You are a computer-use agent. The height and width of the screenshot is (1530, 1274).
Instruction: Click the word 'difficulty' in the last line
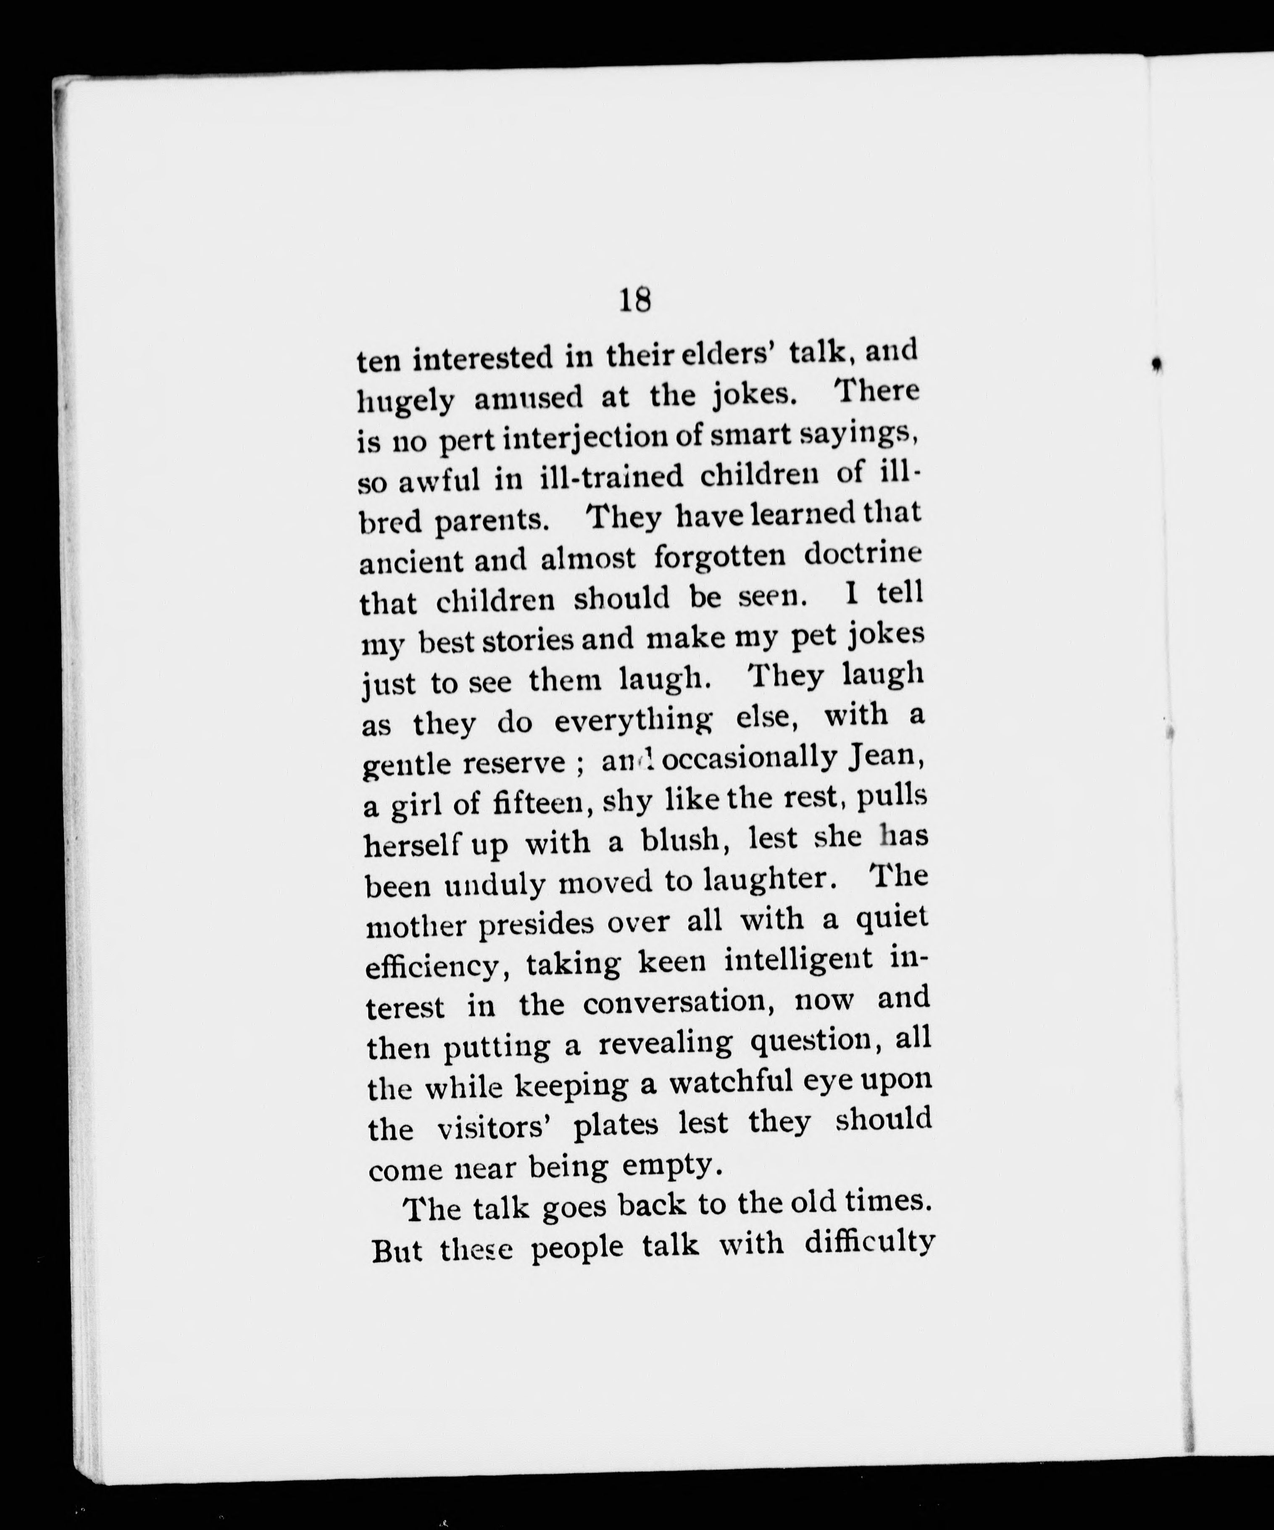tap(869, 1243)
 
